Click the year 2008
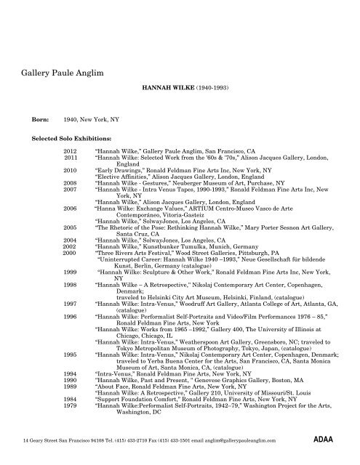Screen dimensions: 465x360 71,185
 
